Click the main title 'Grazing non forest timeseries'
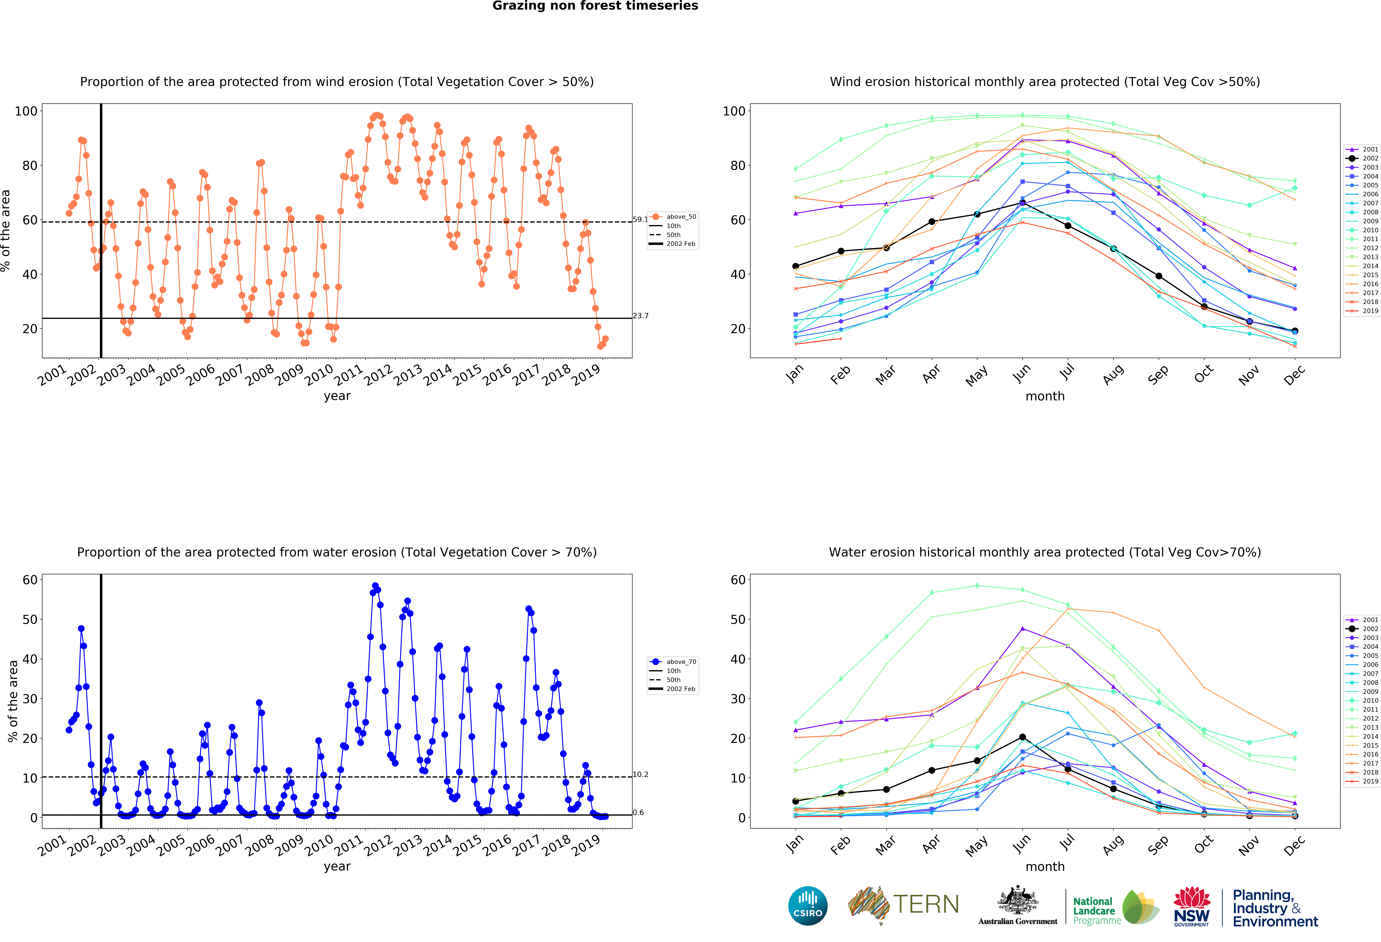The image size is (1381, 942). point(595,6)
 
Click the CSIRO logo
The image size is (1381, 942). point(808,906)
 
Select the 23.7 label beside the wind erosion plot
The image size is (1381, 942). point(641,316)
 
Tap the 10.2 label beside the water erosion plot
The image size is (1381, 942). point(641,774)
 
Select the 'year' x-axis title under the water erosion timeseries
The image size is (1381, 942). point(337,866)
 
